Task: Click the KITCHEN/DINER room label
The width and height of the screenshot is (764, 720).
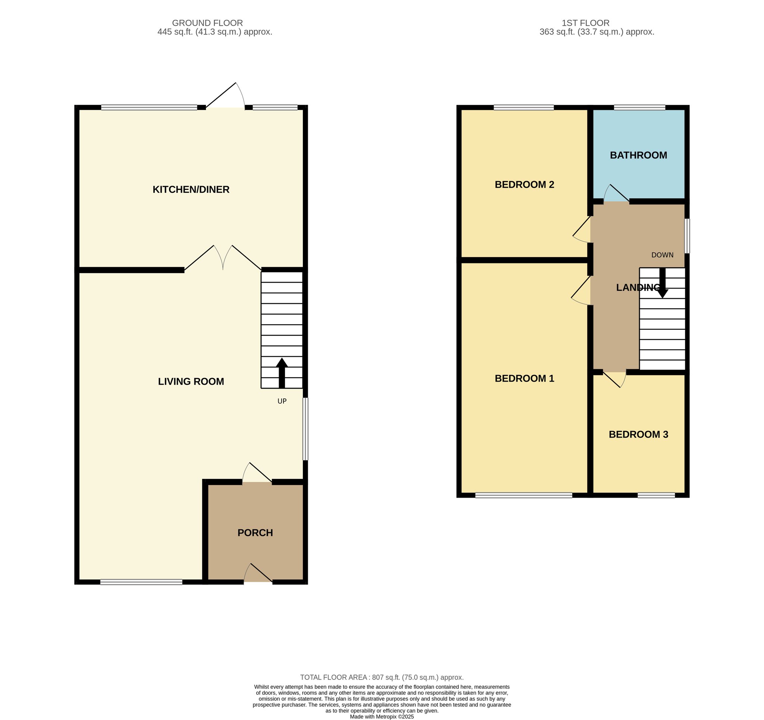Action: pos(191,190)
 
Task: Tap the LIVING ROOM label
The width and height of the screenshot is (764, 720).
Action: pos(191,382)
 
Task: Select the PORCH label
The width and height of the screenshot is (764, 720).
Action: pos(255,533)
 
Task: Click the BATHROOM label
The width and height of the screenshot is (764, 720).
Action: pos(638,155)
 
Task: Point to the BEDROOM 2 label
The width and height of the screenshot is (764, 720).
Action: pos(524,185)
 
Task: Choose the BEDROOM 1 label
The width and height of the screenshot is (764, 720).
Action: pos(524,379)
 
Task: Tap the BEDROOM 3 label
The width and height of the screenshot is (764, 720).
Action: pos(638,435)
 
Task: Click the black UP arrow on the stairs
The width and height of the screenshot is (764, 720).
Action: pos(282,373)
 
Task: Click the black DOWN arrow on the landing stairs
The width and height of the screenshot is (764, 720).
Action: pos(662,282)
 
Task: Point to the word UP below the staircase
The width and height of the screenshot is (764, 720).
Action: pos(282,401)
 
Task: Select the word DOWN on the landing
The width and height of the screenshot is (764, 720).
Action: pos(662,255)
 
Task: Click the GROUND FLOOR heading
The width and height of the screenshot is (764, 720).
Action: pos(207,23)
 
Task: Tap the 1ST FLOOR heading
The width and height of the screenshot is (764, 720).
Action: pos(585,23)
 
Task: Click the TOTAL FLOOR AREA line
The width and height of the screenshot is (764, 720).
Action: pos(382,678)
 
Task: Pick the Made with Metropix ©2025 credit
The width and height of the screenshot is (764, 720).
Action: pos(382,717)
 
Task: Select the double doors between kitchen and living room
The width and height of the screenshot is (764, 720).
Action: pos(223,257)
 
